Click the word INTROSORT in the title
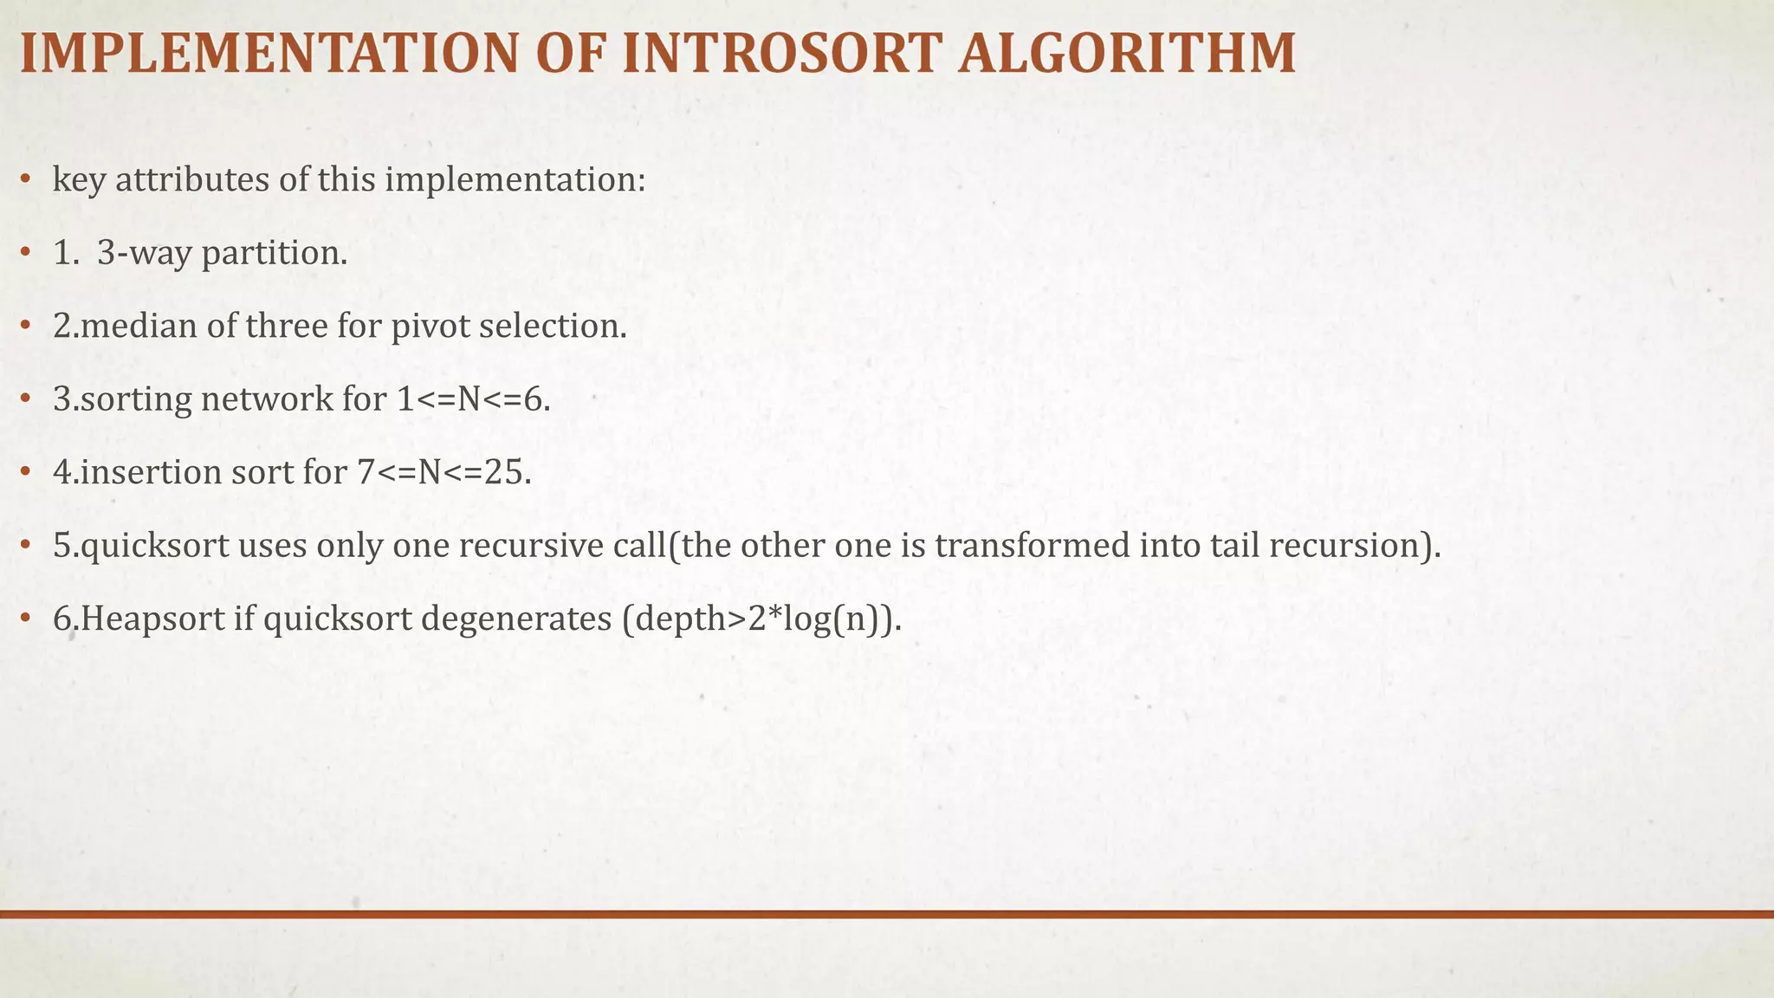coord(782,54)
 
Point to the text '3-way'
coord(145,253)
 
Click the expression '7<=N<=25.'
coord(444,472)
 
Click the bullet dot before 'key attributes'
coord(26,180)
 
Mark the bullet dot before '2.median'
coord(26,327)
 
